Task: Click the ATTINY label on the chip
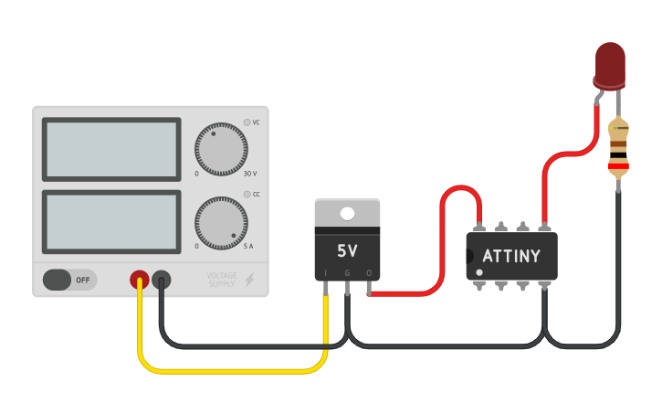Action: (510, 256)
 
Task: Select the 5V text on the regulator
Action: (347, 250)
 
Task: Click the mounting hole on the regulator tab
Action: (347, 214)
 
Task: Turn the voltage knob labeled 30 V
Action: (220, 149)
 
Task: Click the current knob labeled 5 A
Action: (220, 222)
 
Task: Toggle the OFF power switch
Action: (69, 280)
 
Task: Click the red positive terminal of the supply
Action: (140, 280)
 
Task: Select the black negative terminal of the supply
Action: (162, 280)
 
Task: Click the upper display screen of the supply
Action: (111, 149)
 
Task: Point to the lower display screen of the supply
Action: (111, 222)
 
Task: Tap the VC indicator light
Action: (247, 122)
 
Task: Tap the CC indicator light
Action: (247, 195)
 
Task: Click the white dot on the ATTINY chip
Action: (479, 272)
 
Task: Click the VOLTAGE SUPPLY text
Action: (221, 280)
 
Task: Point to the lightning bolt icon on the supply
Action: (249, 280)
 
